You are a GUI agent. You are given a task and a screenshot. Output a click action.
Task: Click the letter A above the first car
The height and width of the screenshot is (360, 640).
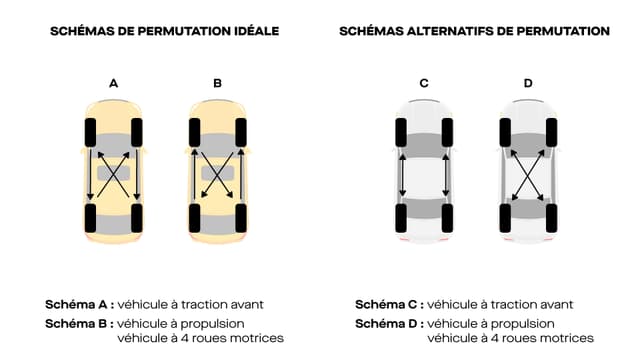click(113, 83)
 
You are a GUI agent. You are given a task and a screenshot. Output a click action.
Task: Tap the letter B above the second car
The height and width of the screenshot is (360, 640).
click(218, 83)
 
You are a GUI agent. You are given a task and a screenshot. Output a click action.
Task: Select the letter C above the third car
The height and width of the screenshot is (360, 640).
click(424, 83)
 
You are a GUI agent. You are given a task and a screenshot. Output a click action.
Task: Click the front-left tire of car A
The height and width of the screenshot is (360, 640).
click(91, 131)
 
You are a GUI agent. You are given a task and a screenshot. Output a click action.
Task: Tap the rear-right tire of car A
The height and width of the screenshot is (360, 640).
click(137, 216)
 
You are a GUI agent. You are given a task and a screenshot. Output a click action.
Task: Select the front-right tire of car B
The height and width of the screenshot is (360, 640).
click(241, 131)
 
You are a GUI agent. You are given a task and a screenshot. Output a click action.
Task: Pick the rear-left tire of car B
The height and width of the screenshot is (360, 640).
click(195, 216)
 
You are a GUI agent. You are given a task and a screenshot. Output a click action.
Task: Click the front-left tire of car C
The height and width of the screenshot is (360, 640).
click(401, 131)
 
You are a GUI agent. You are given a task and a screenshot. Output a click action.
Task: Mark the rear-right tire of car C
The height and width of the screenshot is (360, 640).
click(447, 216)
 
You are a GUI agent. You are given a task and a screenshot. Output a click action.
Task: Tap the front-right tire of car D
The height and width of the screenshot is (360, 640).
click(551, 131)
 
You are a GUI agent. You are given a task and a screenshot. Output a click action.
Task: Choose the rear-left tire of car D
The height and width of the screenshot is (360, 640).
click(505, 216)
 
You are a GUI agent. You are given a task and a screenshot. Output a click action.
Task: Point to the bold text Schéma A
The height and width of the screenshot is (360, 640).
click(79, 304)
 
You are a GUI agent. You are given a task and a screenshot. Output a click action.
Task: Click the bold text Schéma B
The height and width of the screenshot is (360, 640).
click(79, 323)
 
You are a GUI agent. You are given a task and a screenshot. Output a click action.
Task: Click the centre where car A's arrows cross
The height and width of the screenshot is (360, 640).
click(114, 173)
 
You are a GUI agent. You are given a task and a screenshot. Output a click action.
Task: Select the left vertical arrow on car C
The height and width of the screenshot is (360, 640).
click(402, 174)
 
